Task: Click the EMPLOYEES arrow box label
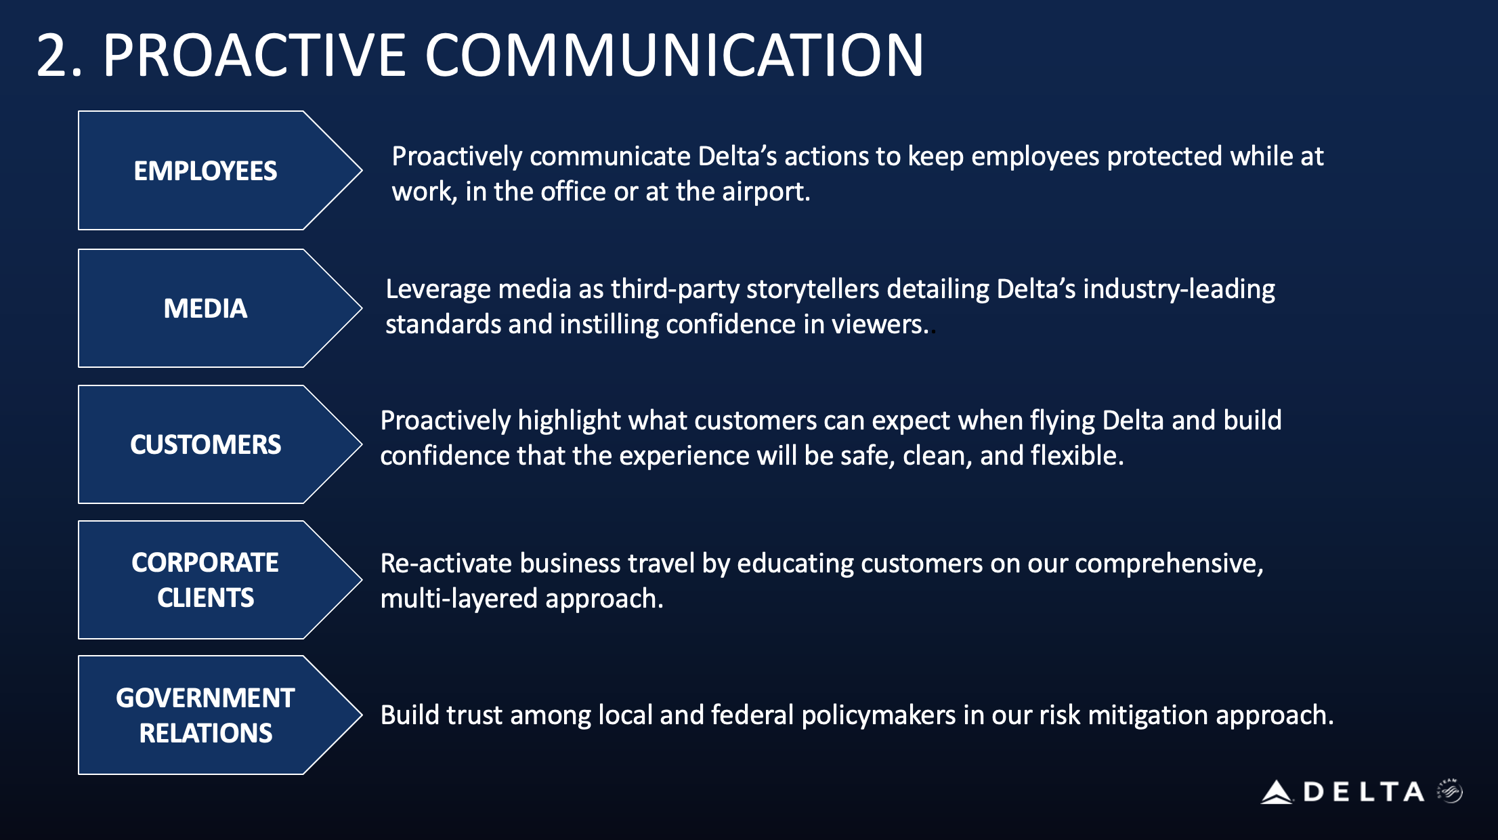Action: (205, 171)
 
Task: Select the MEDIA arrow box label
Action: (205, 308)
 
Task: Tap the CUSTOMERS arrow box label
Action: (205, 444)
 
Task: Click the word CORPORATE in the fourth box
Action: (205, 562)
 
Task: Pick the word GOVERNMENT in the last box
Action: (205, 698)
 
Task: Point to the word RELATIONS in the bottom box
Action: (205, 733)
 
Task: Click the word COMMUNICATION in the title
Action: (674, 55)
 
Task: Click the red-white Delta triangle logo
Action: (1277, 792)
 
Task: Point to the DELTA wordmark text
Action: (1364, 792)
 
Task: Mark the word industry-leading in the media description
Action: (1179, 290)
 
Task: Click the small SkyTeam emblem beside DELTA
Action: (1450, 791)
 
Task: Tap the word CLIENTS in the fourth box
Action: (205, 597)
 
